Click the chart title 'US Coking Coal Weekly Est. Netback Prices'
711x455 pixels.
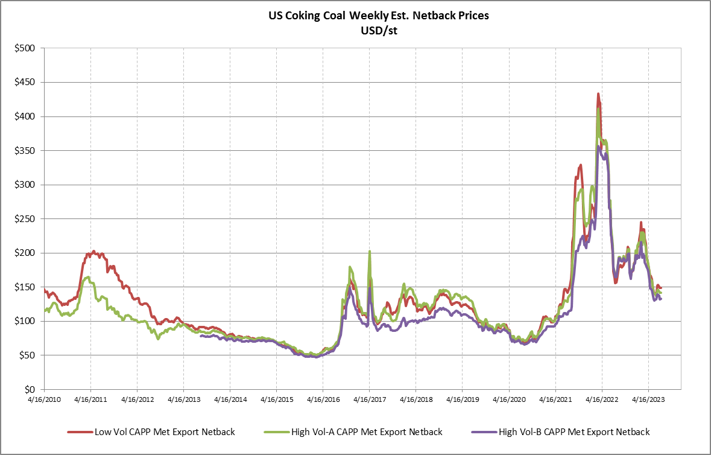click(x=379, y=16)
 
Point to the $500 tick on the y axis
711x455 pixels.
click(x=26, y=48)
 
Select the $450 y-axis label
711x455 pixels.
click(x=26, y=82)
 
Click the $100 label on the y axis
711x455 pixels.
click(x=26, y=322)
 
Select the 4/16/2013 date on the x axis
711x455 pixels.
click(x=184, y=399)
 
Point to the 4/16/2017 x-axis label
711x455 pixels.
click(x=369, y=399)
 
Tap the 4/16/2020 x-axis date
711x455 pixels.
click(x=508, y=399)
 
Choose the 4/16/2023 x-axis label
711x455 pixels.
click(x=648, y=399)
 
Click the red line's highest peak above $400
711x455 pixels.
click(x=598, y=94)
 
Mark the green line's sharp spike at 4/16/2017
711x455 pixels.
click(x=369, y=252)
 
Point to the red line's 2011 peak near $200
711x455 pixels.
click(x=93, y=252)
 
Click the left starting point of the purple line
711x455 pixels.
click(x=200, y=336)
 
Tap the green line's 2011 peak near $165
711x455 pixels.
click(x=88, y=277)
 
